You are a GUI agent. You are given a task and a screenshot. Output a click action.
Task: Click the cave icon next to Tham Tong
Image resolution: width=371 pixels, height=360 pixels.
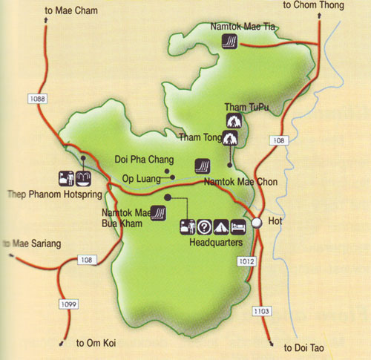coord(231,137)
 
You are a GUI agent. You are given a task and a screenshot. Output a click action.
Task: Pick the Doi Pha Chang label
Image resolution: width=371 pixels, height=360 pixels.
coord(145,160)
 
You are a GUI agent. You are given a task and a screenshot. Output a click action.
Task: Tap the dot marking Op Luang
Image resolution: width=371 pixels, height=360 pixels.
coord(172,177)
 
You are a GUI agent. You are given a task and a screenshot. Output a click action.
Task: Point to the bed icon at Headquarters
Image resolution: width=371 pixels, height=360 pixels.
coord(236,226)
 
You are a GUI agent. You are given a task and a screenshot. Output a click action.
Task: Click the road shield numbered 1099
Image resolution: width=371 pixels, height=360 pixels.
coord(66,304)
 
